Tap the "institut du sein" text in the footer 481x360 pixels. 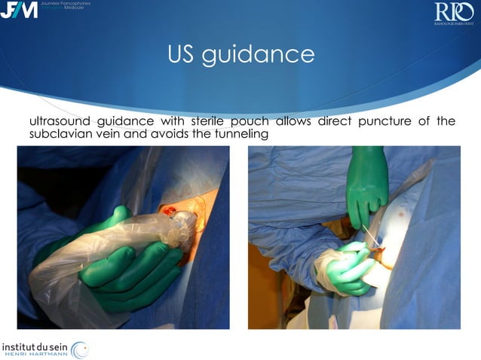click(x=38, y=344)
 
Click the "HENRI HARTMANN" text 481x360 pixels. click(x=38, y=354)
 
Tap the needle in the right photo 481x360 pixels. click(x=370, y=234)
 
